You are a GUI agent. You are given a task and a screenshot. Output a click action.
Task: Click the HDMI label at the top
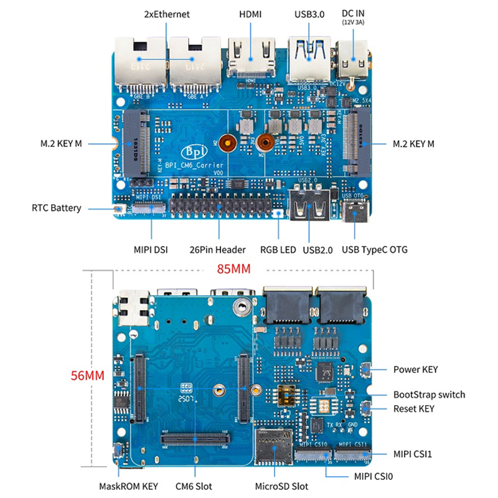tap(251, 14)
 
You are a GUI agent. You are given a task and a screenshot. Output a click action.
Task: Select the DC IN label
tap(353, 13)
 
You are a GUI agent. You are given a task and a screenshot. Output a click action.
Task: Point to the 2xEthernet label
tap(167, 14)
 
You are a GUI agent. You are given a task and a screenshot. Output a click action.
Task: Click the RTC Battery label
tap(57, 208)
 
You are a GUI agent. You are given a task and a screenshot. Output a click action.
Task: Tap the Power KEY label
tap(415, 369)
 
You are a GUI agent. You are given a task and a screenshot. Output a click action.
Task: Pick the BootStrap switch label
tap(429, 395)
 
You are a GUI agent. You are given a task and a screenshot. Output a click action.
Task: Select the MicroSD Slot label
tap(282, 486)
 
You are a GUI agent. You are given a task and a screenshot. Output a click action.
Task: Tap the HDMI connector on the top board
tap(251, 56)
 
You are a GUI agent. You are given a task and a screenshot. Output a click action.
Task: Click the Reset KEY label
tap(414, 409)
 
